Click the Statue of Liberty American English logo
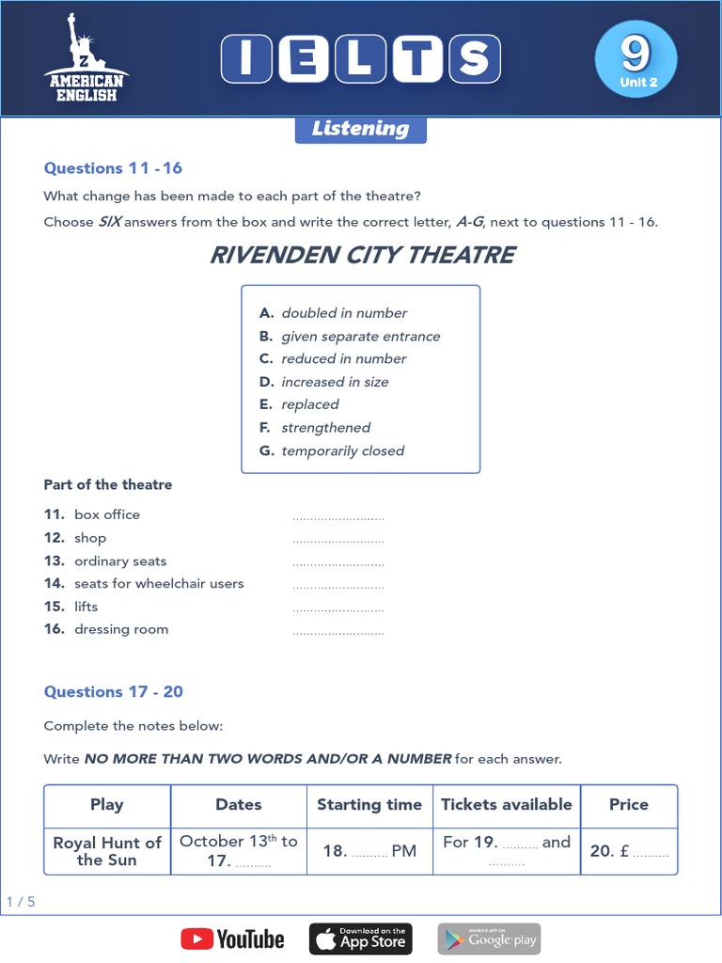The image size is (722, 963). (x=85, y=58)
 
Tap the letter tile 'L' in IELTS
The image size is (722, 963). (x=360, y=59)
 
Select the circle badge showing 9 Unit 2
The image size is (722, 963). (x=636, y=58)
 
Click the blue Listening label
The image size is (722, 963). (x=360, y=129)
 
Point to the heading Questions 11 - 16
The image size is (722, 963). (x=113, y=168)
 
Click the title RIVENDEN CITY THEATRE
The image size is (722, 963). (x=362, y=255)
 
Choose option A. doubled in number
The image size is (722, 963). (x=334, y=313)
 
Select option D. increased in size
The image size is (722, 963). (x=324, y=382)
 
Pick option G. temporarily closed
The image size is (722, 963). (x=332, y=450)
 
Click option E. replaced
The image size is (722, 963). (x=300, y=404)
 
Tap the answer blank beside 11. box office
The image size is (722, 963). (x=338, y=516)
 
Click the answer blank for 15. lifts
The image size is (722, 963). (x=338, y=608)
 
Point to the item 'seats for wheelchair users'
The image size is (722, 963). (x=158, y=584)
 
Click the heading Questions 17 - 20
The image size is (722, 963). (x=113, y=692)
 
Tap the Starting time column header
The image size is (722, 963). (x=369, y=805)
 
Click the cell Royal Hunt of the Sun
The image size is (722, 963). (x=107, y=851)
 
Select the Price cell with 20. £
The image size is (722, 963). (x=628, y=851)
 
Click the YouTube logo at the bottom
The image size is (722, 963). (x=232, y=939)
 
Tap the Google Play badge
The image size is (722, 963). (x=489, y=939)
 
